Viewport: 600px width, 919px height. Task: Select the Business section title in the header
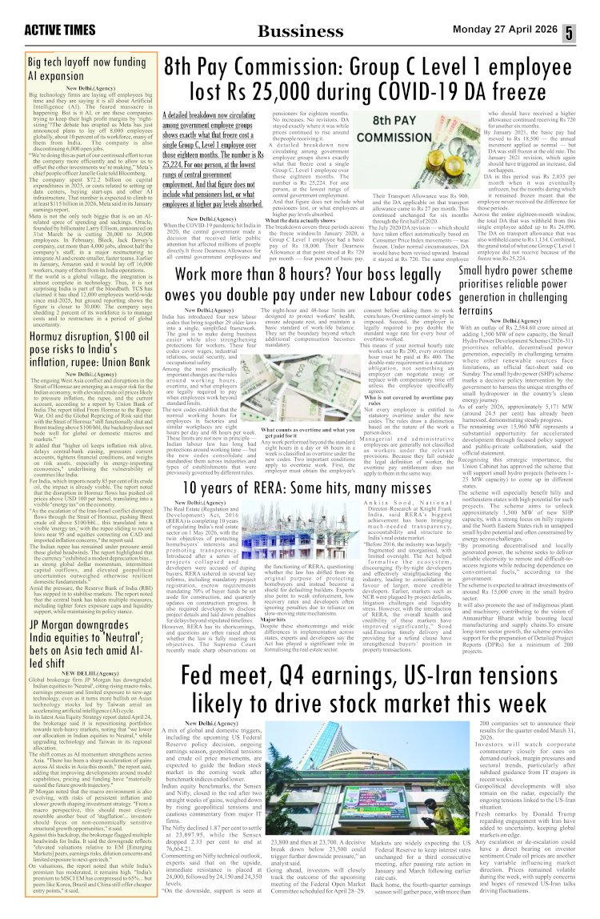(x=290, y=31)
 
